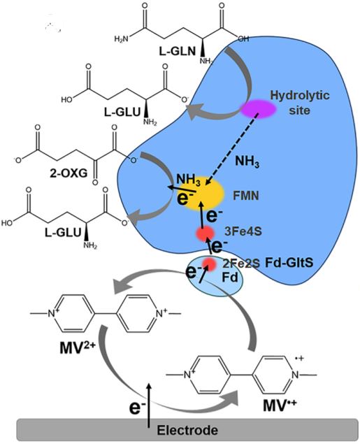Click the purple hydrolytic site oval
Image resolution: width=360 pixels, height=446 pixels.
pos(259,109)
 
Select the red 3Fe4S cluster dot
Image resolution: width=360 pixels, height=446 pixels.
pos(205,233)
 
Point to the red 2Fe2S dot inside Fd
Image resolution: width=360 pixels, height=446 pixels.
pos(210,264)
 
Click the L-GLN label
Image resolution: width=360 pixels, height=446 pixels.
pos(178,51)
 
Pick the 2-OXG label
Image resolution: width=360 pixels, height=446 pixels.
pos(69,173)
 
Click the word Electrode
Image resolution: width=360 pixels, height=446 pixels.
pos(187,430)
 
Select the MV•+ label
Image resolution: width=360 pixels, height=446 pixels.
pos(280,405)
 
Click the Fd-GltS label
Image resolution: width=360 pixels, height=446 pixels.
pos(289,263)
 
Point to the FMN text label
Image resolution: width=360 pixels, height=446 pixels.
pos(245,196)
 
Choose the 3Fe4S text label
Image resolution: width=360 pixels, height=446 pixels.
pos(243,232)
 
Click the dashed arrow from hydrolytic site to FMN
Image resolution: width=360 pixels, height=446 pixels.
pos(231,150)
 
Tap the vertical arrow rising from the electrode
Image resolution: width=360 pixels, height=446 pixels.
pos(148,405)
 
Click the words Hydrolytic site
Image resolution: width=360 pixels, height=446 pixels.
pos(300,102)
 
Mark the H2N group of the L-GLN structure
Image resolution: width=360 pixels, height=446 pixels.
pos(121,38)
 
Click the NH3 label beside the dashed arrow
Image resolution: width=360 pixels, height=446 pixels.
pos(247,161)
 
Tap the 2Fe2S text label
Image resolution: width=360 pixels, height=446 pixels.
pos(240,264)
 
